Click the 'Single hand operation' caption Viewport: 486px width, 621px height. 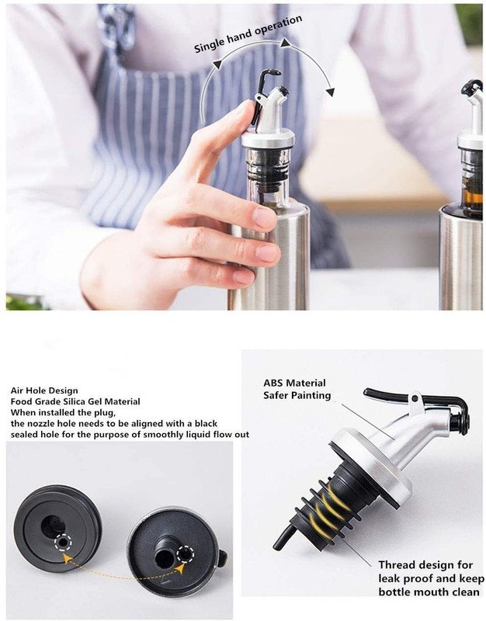[x=248, y=34]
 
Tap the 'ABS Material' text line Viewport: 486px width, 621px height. [x=294, y=383]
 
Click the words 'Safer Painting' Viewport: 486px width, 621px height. [x=297, y=395]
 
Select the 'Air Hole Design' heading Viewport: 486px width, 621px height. [x=44, y=391]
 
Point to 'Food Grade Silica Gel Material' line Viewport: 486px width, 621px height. [x=75, y=401]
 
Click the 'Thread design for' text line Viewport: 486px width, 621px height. [x=425, y=564]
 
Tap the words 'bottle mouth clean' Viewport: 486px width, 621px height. [x=429, y=592]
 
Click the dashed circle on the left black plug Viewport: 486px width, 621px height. [x=64, y=541]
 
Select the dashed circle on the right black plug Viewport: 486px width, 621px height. [x=185, y=553]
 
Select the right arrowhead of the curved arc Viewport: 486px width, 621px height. [x=329, y=92]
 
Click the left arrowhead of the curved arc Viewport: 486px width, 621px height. [x=217, y=65]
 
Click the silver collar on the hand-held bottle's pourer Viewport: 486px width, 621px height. [x=268, y=140]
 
